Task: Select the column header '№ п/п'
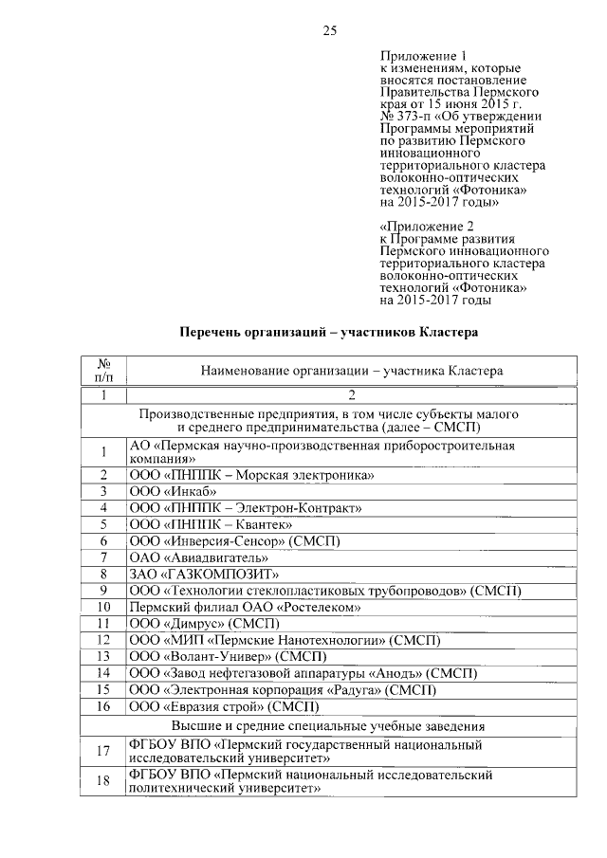105,371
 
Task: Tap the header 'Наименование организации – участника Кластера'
351,372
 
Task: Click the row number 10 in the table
105,607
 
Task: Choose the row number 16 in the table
105,706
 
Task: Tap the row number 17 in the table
105,752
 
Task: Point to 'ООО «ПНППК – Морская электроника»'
251,474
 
